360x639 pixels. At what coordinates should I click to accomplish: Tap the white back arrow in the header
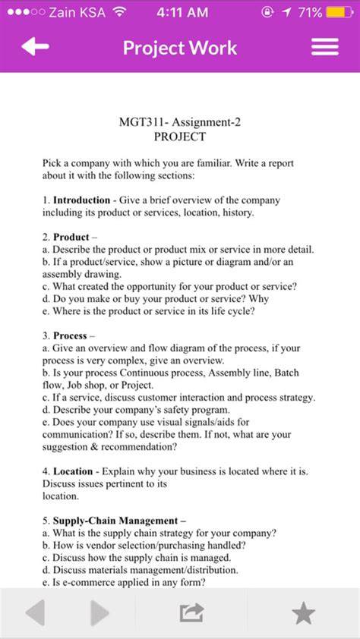click(x=35, y=47)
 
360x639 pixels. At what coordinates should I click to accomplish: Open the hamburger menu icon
click(x=325, y=47)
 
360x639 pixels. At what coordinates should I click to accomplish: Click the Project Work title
click(x=180, y=48)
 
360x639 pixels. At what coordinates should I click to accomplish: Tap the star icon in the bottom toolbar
click(x=303, y=612)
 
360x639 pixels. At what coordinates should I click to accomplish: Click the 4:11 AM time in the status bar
click(x=181, y=12)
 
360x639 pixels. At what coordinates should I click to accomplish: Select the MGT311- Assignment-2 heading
click(x=179, y=121)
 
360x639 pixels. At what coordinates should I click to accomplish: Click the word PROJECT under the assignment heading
click(x=179, y=137)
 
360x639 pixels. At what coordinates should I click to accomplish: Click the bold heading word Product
click(x=71, y=237)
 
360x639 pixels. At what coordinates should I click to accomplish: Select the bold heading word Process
click(x=71, y=335)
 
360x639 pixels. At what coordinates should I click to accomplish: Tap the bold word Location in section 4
click(x=73, y=471)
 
